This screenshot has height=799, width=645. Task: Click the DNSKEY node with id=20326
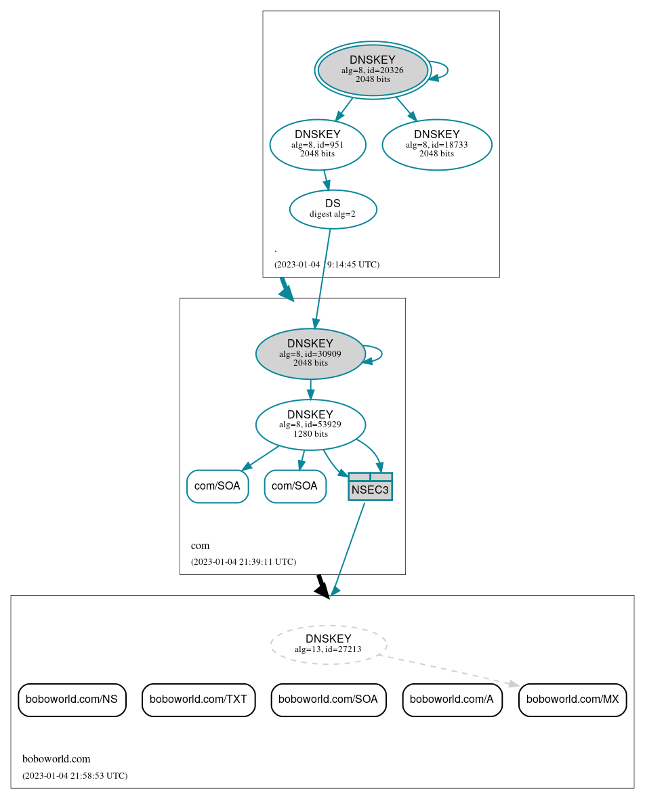pos(373,70)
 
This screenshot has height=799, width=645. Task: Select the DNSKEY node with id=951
pos(317,144)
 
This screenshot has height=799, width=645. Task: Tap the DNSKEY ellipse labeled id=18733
pos(436,144)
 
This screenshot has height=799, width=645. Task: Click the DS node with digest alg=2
pos(333,209)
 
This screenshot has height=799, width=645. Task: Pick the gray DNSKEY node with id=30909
pos(310,353)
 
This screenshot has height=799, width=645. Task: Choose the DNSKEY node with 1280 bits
pos(310,425)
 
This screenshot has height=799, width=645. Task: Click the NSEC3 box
pos(370,487)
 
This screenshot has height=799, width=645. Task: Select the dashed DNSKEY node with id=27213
pos(329,644)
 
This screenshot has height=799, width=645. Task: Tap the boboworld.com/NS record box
pos(72,699)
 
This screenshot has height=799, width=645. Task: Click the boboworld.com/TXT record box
pos(199,699)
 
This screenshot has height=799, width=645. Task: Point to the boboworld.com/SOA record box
pos(329,699)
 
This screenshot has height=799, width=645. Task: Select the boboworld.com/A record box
pos(452,699)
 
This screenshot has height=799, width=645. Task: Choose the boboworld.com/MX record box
pos(573,699)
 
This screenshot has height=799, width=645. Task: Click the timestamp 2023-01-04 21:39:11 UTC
pos(243,562)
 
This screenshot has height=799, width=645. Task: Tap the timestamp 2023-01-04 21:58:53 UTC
pos(75,775)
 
